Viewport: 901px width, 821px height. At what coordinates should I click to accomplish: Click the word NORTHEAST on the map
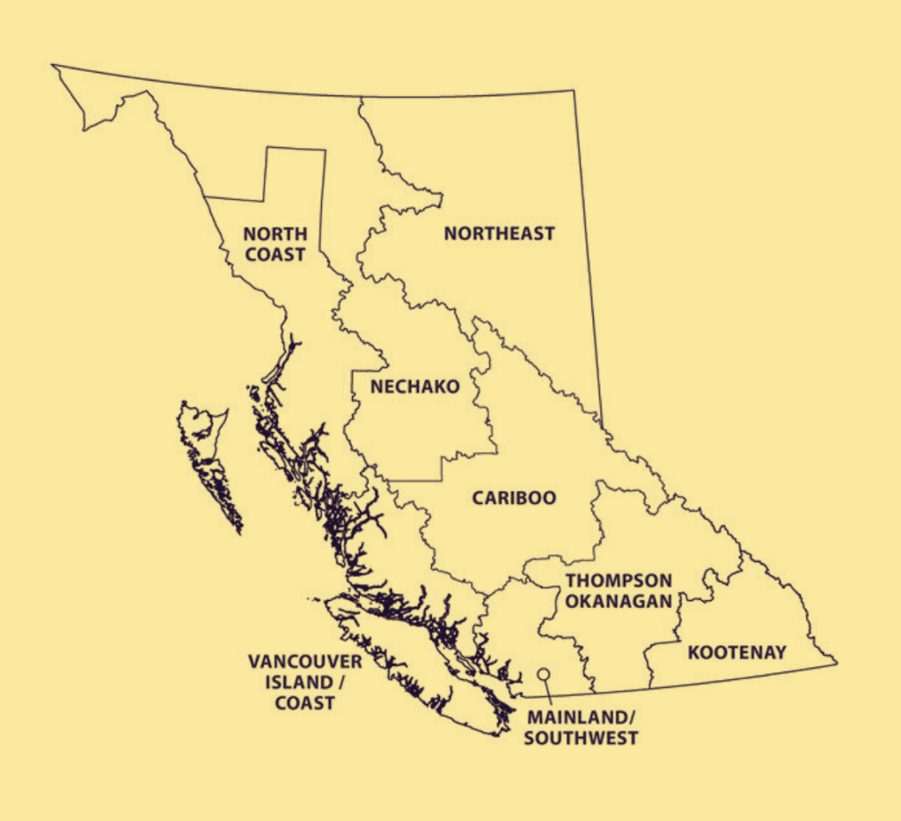(x=499, y=234)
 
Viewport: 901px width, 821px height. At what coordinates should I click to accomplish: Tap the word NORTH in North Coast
(x=275, y=234)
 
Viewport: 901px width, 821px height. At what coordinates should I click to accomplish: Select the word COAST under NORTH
(x=275, y=254)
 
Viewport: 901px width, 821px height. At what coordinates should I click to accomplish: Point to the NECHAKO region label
(x=415, y=387)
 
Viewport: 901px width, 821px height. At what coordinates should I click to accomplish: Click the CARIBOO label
(x=514, y=498)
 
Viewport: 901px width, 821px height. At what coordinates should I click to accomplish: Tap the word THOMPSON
(x=619, y=581)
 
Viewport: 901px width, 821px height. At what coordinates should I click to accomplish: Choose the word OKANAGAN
(x=619, y=601)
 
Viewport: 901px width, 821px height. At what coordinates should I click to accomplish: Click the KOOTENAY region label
(x=737, y=652)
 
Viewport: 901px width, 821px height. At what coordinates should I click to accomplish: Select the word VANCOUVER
(x=292, y=661)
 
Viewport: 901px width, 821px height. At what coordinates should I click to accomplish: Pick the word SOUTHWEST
(x=581, y=737)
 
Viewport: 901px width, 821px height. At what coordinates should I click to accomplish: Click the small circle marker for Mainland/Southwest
(x=544, y=674)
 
